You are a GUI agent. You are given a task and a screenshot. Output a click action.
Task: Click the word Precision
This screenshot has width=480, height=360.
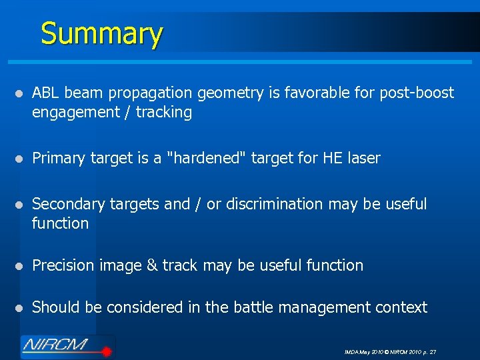[63, 265]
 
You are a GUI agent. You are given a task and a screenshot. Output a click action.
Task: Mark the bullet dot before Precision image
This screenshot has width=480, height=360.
[21, 266]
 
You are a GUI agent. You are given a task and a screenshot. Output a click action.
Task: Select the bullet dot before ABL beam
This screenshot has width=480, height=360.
[21, 93]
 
